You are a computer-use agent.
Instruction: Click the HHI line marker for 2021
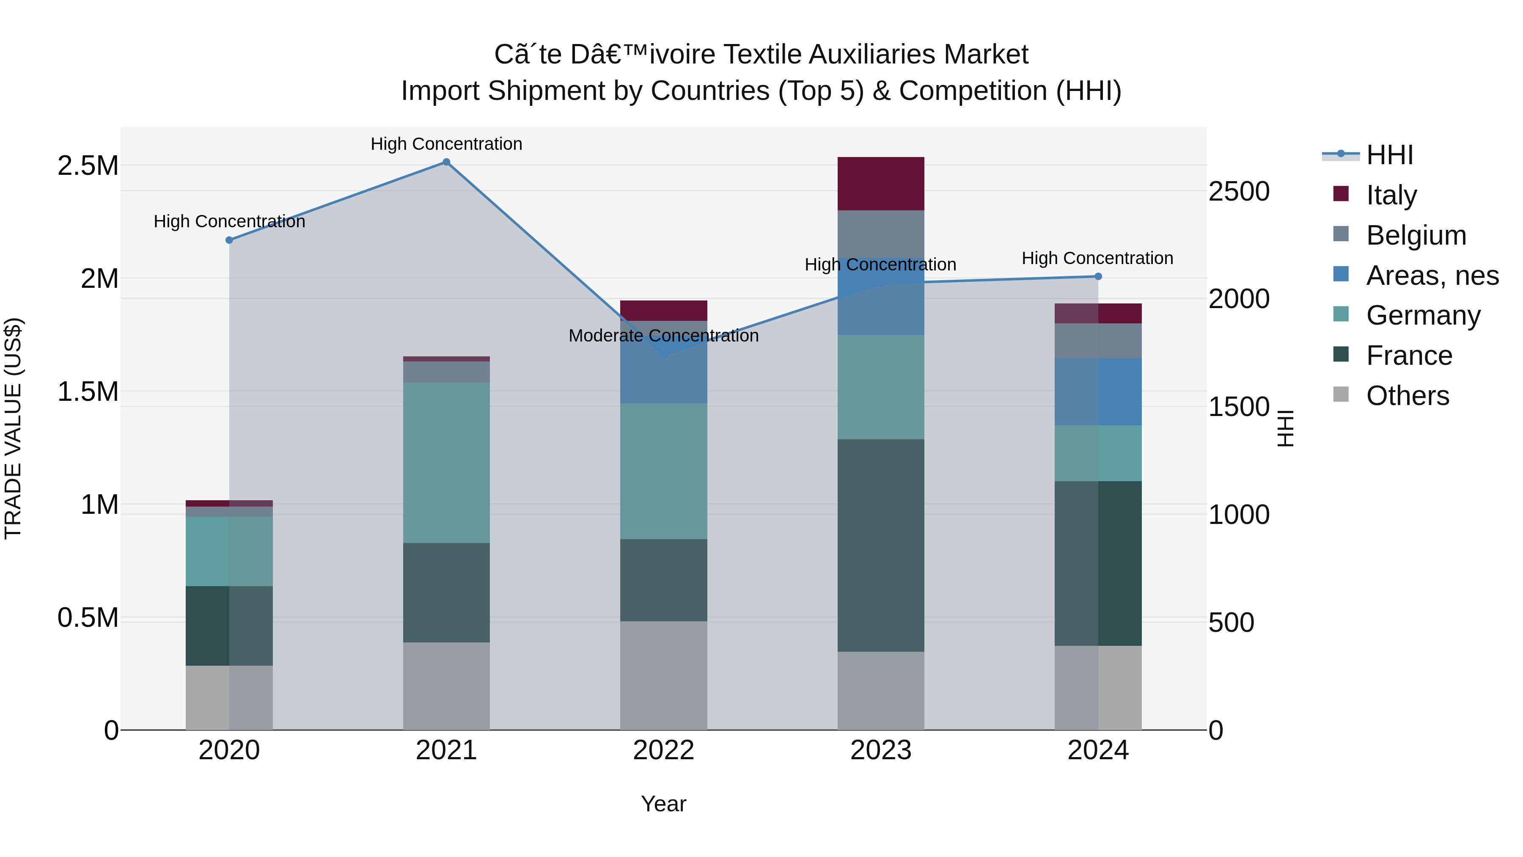tap(446, 162)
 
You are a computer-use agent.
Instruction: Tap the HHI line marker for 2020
tap(229, 240)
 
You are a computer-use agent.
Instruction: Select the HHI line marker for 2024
tap(1098, 276)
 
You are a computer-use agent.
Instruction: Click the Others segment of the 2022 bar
tap(663, 675)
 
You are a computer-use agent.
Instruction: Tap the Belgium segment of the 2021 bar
tap(446, 372)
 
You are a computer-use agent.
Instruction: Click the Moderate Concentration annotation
tap(663, 336)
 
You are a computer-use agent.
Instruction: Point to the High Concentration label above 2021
tap(446, 144)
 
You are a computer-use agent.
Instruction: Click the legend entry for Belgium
tap(1416, 235)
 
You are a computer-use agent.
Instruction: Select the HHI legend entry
tap(1389, 155)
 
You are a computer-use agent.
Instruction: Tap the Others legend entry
tap(1407, 396)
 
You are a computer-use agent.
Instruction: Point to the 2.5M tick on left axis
tap(88, 165)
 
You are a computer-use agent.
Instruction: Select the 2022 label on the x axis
tap(663, 750)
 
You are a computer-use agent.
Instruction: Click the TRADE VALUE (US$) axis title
tap(13, 428)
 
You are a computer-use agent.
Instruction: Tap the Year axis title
tap(663, 804)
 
